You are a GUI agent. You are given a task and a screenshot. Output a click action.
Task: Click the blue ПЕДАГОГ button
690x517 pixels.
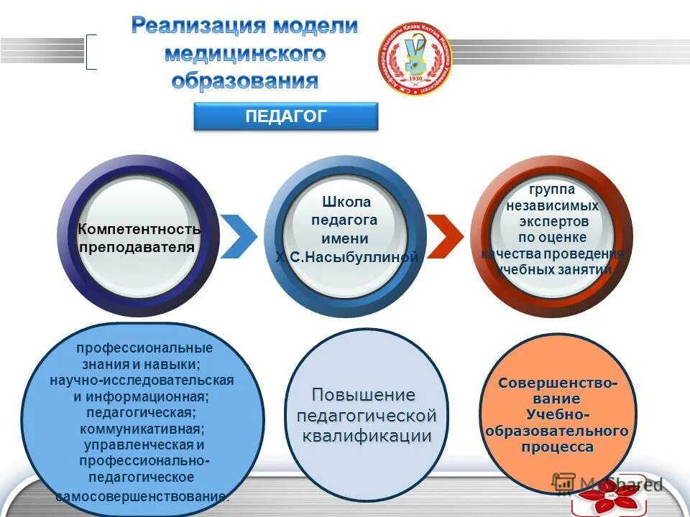click(285, 116)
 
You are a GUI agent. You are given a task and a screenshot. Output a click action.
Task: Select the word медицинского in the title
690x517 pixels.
click(244, 54)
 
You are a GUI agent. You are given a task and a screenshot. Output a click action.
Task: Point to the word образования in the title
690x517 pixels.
click(244, 80)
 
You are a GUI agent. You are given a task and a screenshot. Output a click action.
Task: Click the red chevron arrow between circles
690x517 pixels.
click(445, 236)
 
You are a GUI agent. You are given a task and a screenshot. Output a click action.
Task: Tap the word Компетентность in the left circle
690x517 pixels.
click(139, 229)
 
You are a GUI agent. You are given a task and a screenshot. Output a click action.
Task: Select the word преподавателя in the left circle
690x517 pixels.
click(137, 246)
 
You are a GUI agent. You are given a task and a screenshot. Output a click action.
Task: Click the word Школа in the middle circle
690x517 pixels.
click(346, 202)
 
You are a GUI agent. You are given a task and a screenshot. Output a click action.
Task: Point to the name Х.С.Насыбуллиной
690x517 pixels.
click(346, 257)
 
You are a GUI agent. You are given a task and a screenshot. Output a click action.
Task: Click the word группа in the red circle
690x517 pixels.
click(552, 189)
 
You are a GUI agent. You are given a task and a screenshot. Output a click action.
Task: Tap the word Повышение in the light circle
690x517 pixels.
click(363, 395)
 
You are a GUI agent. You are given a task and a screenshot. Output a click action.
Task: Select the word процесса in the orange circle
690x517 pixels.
click(557, 447)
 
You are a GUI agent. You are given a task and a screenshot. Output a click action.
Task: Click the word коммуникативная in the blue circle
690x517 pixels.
click(142, 429)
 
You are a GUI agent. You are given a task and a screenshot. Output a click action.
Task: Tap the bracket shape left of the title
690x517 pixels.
click(91, 52)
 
